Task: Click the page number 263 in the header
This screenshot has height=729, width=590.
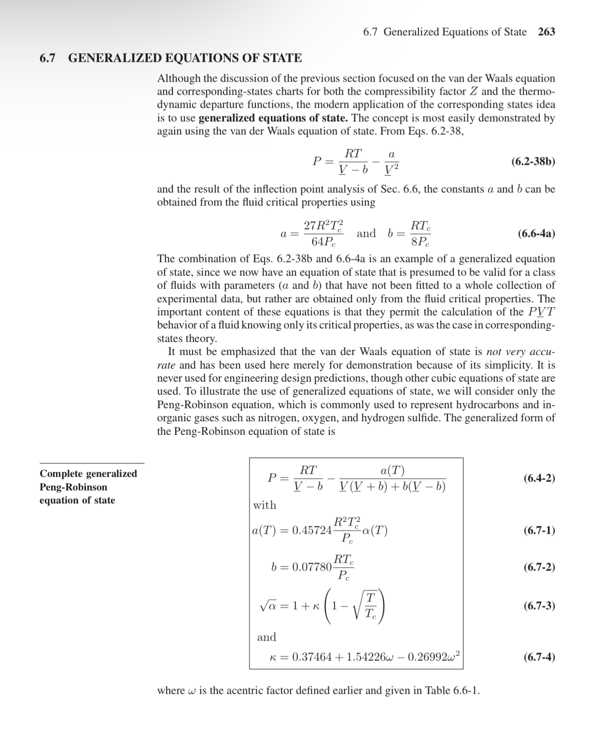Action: pos(546,32)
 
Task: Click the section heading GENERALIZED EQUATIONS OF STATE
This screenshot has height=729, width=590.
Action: pos(185,58)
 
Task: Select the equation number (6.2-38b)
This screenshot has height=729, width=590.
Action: pos(533,161)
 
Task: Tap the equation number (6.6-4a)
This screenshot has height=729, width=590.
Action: pos(536,234)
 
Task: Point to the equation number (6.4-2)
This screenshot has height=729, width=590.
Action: pos(539,478)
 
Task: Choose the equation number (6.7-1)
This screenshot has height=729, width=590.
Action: pos(539,530)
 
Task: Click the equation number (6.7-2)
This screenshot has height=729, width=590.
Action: pos(539,567)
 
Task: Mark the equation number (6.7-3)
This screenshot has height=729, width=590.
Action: pos(539,605)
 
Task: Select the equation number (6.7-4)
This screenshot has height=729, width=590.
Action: pos(539,657)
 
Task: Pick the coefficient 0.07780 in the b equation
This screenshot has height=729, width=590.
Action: pos(312,567)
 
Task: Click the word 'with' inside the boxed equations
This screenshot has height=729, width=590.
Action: pos(265,505)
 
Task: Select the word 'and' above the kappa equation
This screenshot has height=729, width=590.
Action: pos(267,637)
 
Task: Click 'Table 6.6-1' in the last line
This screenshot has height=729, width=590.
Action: pos(451,690)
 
